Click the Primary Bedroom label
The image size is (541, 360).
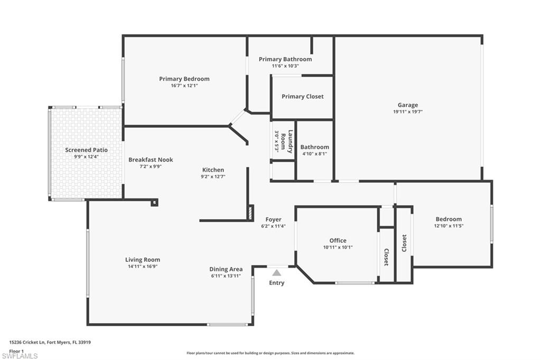(x=184, y=79)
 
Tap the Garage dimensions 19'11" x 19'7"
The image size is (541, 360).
(x=407, y=112)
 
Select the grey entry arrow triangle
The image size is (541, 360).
(x=276, y=273)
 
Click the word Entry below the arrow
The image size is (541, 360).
(x=276, y=283)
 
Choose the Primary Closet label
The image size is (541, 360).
(x=302, y=97)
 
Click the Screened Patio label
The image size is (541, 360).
(x=86, y=150)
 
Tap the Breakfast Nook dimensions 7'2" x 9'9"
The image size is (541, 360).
(x=151, y=166)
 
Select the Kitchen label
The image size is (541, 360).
(x=213, y=170)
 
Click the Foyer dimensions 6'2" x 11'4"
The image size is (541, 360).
(x=273, y=226)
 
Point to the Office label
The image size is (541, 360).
(x=338, y=241)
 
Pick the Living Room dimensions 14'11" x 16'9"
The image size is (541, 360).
(x=142, y=267)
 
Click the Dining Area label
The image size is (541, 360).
(x=226, y=269)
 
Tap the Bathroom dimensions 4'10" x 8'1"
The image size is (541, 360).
(x=314, y=154)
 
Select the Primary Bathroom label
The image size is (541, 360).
(x=285, y=59)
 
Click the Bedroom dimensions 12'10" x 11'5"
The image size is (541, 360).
(x=449, y=226)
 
